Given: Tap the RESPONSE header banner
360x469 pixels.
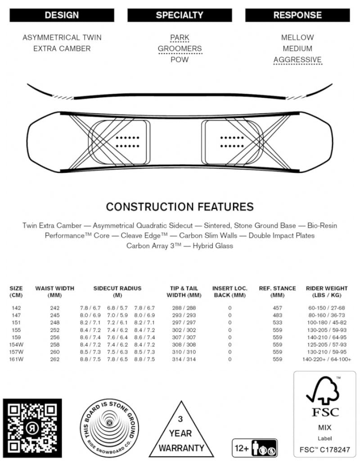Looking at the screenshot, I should click(x=297, y=15).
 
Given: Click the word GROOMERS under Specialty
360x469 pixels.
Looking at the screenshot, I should click(x=180, y=49).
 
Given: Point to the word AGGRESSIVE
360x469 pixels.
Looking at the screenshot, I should click(x=297, y=60).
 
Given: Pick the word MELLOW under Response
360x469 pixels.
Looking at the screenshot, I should click(x=297, y=38).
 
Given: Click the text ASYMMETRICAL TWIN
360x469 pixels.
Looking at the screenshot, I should click(x=62, y=38).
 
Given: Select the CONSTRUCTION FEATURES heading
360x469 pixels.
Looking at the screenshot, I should click(x=180, y=207).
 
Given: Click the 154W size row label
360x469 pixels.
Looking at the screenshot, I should click(x=16, y=344).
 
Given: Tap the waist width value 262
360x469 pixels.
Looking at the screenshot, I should click(x=55, y=359).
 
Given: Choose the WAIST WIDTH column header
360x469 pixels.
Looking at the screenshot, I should click(x=55, y=292).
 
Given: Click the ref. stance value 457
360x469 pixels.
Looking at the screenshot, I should click(x=277, y=308).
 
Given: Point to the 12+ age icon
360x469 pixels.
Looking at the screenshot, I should click(x=254, y=448).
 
